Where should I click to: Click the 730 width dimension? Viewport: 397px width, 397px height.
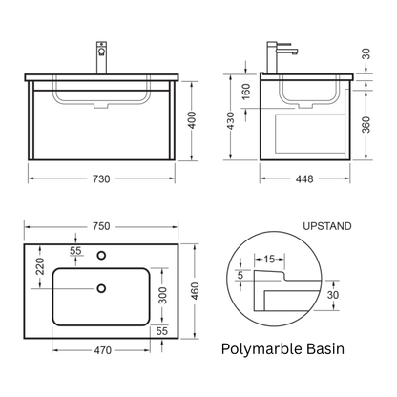coord(101,179)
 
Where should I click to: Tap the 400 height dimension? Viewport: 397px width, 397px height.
coord(192,120)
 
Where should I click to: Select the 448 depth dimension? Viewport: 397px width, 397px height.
coord(304,179)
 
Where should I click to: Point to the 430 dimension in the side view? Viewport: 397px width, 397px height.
coord(231,120)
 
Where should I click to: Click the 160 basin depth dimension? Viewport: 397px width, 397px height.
coord(246,92)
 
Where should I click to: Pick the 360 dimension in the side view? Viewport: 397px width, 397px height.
coord(366,124)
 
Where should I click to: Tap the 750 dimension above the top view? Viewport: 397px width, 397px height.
coord(101,226)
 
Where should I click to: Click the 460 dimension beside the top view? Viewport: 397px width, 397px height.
coord(195,291)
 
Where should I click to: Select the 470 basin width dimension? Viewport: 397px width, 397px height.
coord(103,350)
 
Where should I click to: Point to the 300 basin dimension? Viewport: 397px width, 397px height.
coord(163,295)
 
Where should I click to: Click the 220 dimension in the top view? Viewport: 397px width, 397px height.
coord(40,266)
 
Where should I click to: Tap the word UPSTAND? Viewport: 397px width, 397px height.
coord(327,226)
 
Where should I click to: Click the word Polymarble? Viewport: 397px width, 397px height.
coord(261,349)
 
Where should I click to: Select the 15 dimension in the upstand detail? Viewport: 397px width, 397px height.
coord(269,259)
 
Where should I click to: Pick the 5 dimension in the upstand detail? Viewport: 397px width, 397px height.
coord(240,275)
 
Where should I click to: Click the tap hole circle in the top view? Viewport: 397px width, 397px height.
coord(101,255)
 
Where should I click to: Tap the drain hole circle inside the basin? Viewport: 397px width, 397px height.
coord(101,288)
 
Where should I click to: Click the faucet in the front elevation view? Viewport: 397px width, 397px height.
coord(102,57)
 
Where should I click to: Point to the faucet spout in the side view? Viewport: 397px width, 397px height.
coord(286,52)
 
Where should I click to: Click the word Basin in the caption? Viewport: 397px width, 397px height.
coord(325,349)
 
